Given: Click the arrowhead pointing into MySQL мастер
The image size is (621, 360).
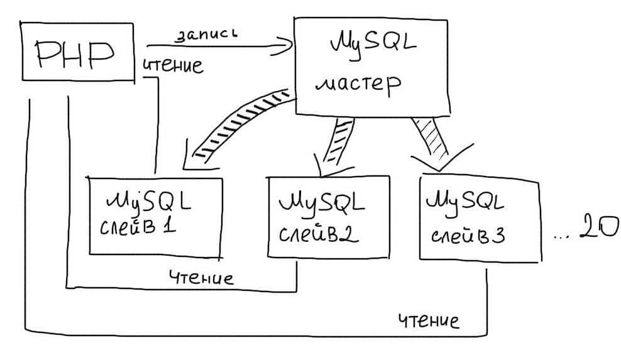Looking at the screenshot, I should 287,44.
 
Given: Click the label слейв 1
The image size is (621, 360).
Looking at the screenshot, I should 136,227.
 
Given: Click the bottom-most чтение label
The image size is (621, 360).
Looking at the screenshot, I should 429,321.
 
